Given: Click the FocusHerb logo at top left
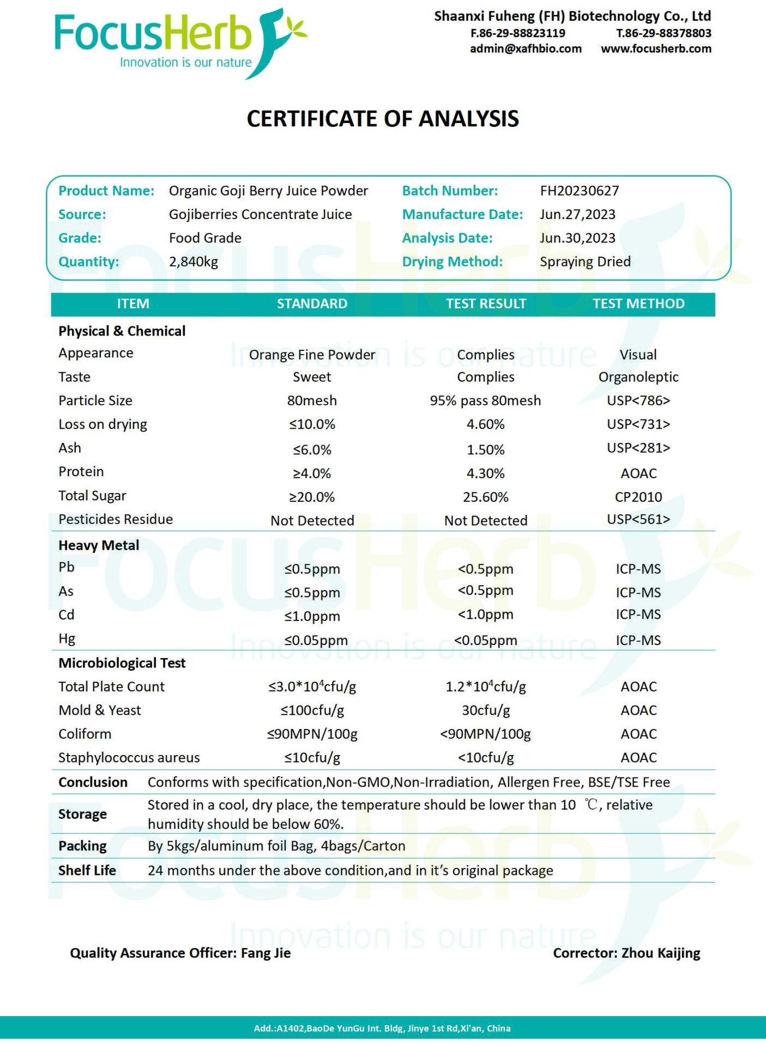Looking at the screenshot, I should point(180,42).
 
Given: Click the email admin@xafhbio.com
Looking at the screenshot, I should point(526,48).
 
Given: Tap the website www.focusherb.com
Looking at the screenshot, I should point(656,48).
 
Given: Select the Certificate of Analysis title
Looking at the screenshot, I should point(383,119).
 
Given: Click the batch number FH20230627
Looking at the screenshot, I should point(579,191).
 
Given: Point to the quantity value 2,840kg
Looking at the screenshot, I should point(193,261).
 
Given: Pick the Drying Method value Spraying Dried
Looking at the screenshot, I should point(585,261).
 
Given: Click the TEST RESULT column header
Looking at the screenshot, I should point(486,303).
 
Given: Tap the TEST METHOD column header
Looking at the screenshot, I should point(638,303).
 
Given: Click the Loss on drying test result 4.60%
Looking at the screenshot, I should point(485,424).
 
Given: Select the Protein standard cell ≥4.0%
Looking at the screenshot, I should point(312,473).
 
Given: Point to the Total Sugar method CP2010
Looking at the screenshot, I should point(638,497).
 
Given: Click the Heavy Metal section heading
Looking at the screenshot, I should point(99,545).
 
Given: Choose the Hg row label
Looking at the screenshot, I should point(67,638).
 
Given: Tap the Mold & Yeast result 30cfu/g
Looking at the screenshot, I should point(485,710).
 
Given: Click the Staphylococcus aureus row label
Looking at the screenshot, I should point(129,758).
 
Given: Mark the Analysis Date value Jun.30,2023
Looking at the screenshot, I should point(577,238).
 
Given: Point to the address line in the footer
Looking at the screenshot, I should point(382,1028).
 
